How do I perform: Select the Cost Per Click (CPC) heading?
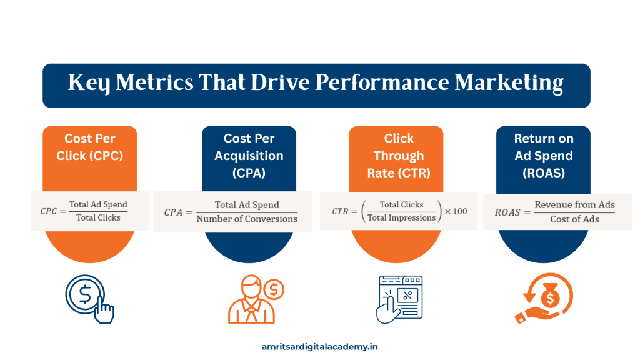[x=89, y=147]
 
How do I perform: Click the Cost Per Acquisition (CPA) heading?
[x=249, y=156]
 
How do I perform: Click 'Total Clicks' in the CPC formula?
[x=98, y=217]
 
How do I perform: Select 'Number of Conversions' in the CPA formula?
[x=247, y=219]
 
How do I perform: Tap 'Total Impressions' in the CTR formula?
[x=401, y=217]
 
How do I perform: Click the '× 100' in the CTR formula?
[x=456, y=211]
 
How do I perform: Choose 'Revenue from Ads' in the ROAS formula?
[x=574, y=205]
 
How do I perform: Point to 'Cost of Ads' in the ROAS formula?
[x=574, y=219]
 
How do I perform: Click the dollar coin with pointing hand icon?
[x=89, y=298]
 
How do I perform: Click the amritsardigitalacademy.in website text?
[x=319, y=346]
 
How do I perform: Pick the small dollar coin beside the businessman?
[x=274, y=289]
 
